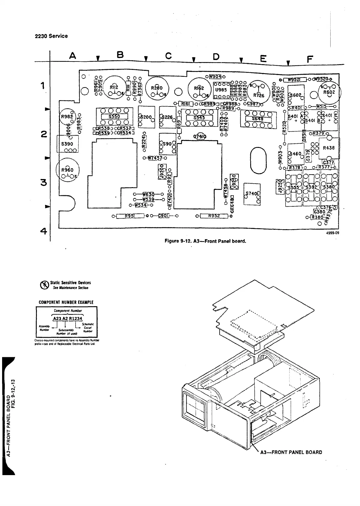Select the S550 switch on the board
click(114, 117)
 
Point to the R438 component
click(329, 148)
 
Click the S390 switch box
click(67, 144)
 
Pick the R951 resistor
click(130, 215)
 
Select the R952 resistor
click(214, 215)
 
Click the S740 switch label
click(252, 194)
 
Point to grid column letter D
click(216, 56)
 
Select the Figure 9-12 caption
click(205, 241)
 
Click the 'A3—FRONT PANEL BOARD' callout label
click(291, 452)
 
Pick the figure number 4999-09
click(332, 232)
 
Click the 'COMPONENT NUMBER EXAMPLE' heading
click(66, 302)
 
